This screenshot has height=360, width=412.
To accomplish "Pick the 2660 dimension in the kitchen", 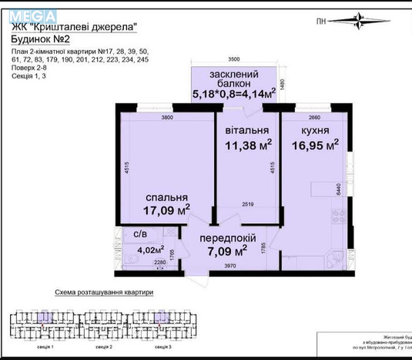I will click(308, 118).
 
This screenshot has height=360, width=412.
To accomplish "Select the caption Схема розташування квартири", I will click(105, 293).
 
